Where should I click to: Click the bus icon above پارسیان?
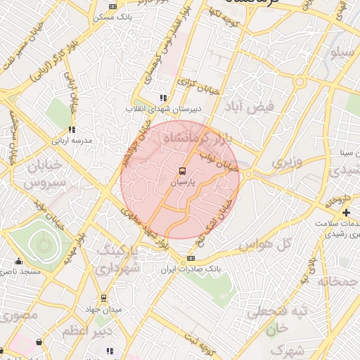tap(181, 171)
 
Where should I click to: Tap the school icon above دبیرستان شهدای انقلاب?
tap(163, 98)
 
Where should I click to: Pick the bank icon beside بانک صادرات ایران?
tap(191, 259)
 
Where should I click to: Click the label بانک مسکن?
tap(112, 15)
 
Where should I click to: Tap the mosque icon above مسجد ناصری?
tap(18, 261)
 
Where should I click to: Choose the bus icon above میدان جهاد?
tap(104, 298)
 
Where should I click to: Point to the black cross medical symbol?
tap(346, 212)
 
